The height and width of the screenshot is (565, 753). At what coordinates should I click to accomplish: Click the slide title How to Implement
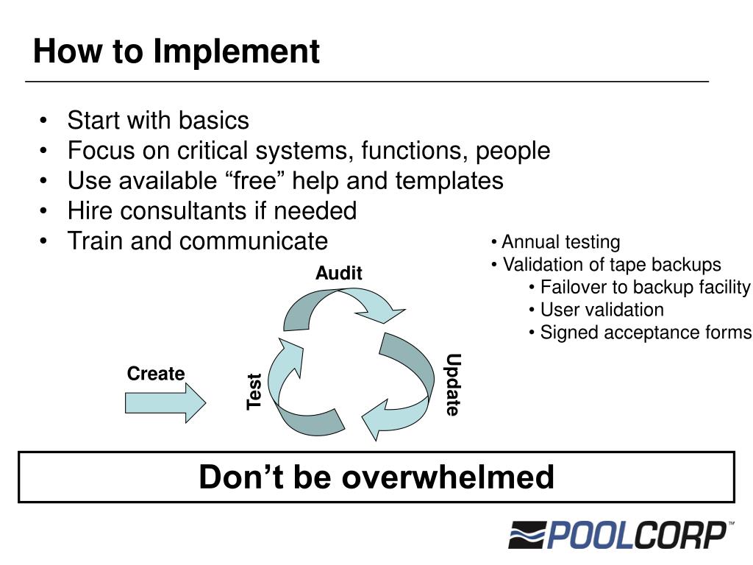tap(176, 52)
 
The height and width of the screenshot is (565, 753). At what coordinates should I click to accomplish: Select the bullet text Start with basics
tap(158, 121)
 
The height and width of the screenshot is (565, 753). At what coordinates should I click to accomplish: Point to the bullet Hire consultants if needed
tap(212, 211)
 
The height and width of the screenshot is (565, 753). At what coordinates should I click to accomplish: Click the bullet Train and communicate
tap(197, 241)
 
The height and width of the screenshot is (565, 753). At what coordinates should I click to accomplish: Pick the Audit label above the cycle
tap(339, 274)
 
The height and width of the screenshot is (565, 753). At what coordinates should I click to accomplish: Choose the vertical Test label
tap(254, 391)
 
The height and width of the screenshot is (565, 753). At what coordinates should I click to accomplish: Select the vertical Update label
tap(453, 385)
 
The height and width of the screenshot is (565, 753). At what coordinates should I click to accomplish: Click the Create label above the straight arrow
tap(156, 374)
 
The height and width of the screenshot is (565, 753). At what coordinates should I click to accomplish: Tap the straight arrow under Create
tap(165, 403)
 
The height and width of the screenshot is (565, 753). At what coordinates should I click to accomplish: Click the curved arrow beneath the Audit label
tap(342, 305)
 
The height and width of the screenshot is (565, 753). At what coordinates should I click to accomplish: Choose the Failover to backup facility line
tap(645, 287)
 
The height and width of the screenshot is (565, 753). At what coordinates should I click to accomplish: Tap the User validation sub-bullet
tap(602, 310)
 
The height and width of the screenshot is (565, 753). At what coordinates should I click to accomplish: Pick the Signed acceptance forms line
tap(646, 333)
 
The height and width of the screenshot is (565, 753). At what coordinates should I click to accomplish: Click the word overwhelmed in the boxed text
tap(448, 477)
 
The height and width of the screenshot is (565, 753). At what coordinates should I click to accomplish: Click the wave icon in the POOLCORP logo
tap(526, 535)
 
